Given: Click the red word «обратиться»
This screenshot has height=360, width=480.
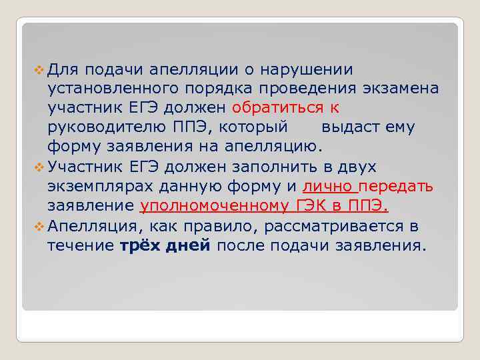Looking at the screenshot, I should click(x=276, y=108).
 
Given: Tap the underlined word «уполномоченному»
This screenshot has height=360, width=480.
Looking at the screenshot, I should click(x=215, y=205).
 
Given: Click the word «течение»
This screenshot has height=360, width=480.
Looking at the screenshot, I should click(x=80, y=245).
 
